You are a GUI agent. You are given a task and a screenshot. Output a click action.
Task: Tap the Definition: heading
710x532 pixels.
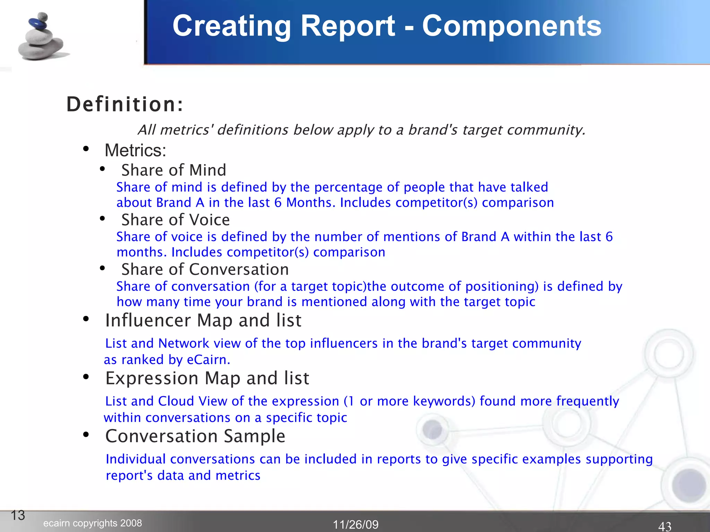[x=125, y=104]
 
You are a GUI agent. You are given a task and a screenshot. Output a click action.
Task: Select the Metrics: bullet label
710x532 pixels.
[x=136, y=150]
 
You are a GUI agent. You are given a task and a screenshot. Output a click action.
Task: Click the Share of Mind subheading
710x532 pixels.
[x=174, y=170]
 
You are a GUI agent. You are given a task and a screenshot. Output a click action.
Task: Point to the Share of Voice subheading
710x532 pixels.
[x=175, y=220]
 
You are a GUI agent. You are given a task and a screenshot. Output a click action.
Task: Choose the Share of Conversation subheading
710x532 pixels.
[x=205, y=269]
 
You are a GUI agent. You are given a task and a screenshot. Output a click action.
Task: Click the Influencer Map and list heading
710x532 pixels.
[x=203, y=320]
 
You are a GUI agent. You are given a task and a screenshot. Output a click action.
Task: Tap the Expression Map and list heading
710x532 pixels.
[x=207, y=378]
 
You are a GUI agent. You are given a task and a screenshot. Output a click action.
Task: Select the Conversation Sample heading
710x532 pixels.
[x=195, y=436]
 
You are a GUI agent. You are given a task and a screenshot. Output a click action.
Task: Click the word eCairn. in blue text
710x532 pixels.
[x=208, y=360]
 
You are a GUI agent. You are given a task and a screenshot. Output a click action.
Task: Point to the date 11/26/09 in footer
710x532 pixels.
[x=356, y=524]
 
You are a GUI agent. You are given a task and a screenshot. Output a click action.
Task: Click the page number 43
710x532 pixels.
[x=665, y=526]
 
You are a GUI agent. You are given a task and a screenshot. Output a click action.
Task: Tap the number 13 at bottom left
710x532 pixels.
[x=18, y=515]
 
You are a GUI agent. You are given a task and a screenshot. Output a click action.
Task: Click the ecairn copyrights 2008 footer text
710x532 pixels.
[x=93, y=523]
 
